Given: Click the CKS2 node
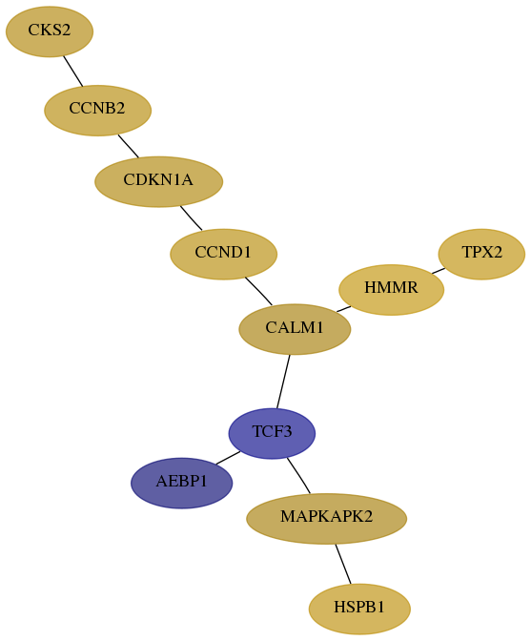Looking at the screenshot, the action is tap(50, 31).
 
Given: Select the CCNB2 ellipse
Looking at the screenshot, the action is tap(97, 111).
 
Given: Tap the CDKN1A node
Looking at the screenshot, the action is tap(158, 181).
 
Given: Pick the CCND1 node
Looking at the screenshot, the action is tap(223, 254).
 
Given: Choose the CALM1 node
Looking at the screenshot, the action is tap(295, 329).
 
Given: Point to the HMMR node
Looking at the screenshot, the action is tap(391, 289).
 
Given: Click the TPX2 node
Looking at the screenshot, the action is tap(481, 254).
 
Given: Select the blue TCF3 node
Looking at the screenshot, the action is tap(272, 433).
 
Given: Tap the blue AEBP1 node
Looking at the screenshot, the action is tap(182, 483).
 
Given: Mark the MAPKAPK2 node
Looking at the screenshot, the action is tap(326, 518).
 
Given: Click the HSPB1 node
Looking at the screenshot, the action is tap(359, 609).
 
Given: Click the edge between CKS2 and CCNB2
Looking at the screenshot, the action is tap(73, 72).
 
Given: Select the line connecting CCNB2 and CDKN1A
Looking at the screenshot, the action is tap(129, 146).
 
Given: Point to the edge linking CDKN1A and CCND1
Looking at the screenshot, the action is tap(191, 217).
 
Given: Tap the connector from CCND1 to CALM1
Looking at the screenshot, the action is tap(259, 291).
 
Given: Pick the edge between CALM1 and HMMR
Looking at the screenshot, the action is tap(343, 309).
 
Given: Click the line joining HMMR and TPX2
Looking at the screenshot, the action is tap(439, 271).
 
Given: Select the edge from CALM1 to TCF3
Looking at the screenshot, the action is tap(283, 382).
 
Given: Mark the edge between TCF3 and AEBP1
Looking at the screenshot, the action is tap(228, 458).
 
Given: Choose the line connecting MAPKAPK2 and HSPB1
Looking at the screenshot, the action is tap(343, 564).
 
